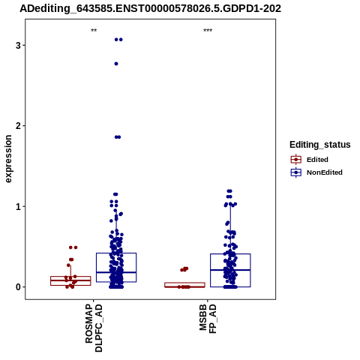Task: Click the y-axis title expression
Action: point(8,159)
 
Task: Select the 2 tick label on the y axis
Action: point(18,126)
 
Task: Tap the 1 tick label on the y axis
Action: point(18,207)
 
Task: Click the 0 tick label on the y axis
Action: point(18,287)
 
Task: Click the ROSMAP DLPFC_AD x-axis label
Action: point(94,328)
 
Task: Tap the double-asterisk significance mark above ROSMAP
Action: point(94,31)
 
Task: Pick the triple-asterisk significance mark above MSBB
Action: point(208,31)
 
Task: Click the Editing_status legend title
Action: point(320,145)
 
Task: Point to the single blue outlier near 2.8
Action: point(116,64)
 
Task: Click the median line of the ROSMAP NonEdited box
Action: point(116,272)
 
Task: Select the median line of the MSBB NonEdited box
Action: point(230,270)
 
